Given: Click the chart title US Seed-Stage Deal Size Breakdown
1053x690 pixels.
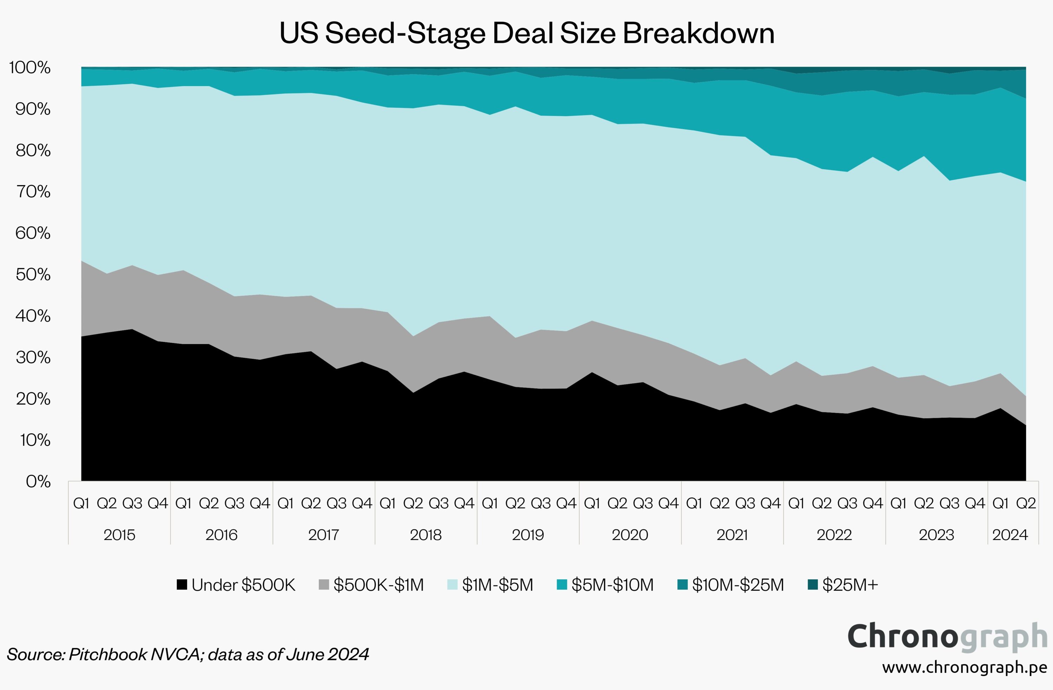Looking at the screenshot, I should pyautogui.click(x=526, y=33).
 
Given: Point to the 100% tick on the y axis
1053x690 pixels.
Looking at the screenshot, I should pyautogui.click(x=29, y=68).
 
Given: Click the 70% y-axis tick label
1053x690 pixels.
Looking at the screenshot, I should pyautogui.click(x=33, y=192).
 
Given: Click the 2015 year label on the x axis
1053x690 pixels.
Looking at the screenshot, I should pyautogui.click(x=119, y=535).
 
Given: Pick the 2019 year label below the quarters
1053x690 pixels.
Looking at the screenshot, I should pyautogui.click(x=528, y=535).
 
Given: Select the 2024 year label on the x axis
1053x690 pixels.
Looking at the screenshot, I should pyautogui.click(x=1010, y=535).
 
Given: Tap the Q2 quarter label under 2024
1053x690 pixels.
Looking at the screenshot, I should pyautogui.click(x=1026, y=503).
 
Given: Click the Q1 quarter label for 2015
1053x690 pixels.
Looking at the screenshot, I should pyautogui.click(x=81, y=503).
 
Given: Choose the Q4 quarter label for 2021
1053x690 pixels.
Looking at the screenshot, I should pyautogui.click(x=771, y=503).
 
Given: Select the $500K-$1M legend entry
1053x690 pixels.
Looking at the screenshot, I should pyautogui.click(x=371, y=585).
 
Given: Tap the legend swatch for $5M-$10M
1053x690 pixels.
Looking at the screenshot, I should pyautogui.click(x=562, y=585).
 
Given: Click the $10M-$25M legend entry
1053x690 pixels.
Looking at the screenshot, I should pyautogui.click(x=730, y=585).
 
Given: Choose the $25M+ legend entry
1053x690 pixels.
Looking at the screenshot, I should pyautogui.click(x=843, y=585).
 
